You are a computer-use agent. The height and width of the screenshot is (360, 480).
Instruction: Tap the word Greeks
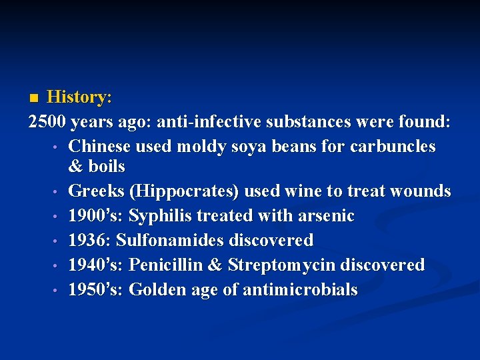(x=97, y=191)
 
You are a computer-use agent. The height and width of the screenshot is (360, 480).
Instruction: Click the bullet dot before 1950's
(x=58, y=291)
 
